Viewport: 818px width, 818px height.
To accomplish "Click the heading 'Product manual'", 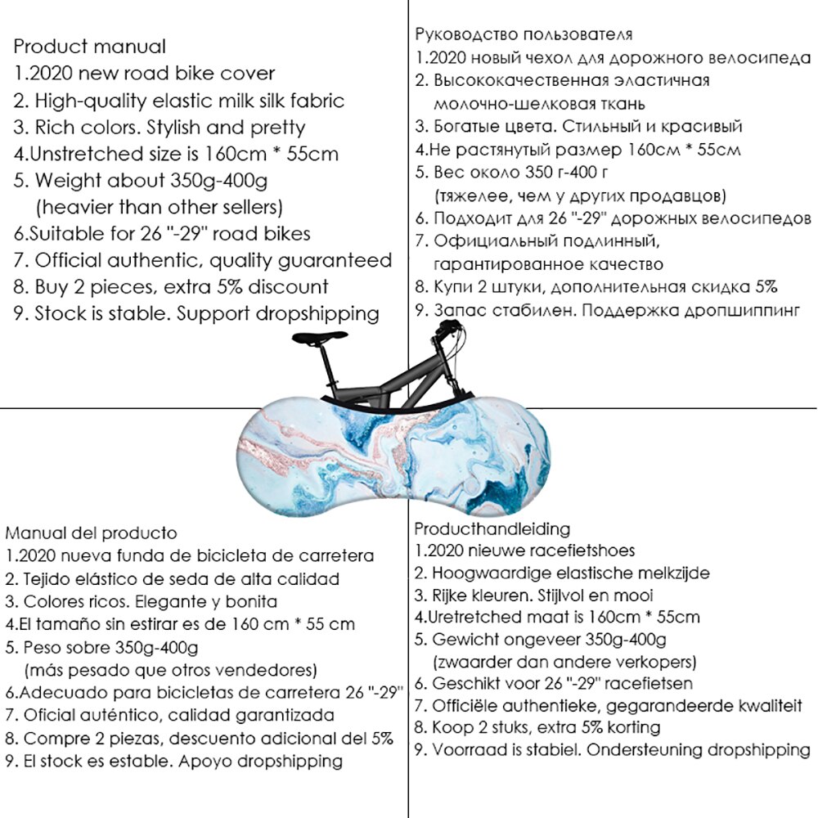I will tap(89, 47).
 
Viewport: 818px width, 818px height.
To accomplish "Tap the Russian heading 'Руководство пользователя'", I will tap(524, 34).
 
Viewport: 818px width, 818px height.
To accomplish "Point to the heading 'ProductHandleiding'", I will tap(492, 528).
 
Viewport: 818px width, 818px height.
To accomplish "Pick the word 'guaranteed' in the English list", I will tap(342, 260).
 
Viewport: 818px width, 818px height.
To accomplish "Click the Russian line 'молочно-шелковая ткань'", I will tap(539, 104).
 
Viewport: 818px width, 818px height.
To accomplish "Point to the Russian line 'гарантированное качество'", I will tap(547, 264).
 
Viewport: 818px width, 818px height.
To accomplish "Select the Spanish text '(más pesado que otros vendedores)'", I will tap(170, 670).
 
